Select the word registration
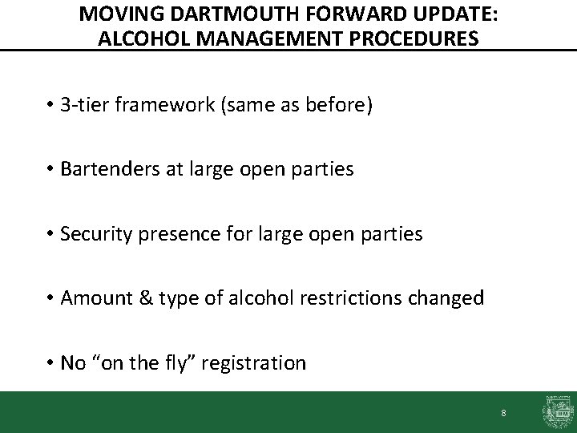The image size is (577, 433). coord(257,363)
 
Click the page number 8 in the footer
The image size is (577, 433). coord(503,413)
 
